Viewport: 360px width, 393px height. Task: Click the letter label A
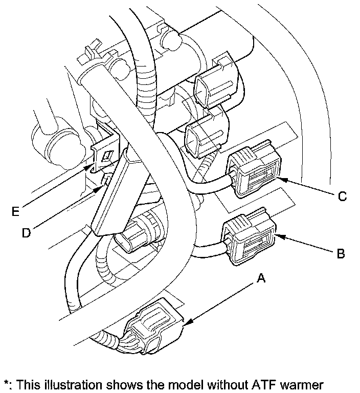261,278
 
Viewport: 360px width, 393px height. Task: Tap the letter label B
341,253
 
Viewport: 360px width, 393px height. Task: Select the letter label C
343,195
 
